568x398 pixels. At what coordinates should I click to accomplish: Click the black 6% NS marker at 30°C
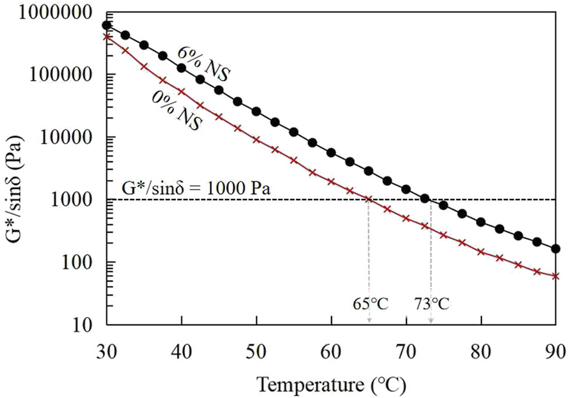107,25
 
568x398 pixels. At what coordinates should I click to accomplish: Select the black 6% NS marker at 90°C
555,248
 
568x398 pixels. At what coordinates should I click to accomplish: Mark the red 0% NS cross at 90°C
555,276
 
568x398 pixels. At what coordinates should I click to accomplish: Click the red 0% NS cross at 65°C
369,199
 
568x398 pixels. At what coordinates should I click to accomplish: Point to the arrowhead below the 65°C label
369,321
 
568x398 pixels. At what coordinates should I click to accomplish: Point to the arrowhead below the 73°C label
431,321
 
